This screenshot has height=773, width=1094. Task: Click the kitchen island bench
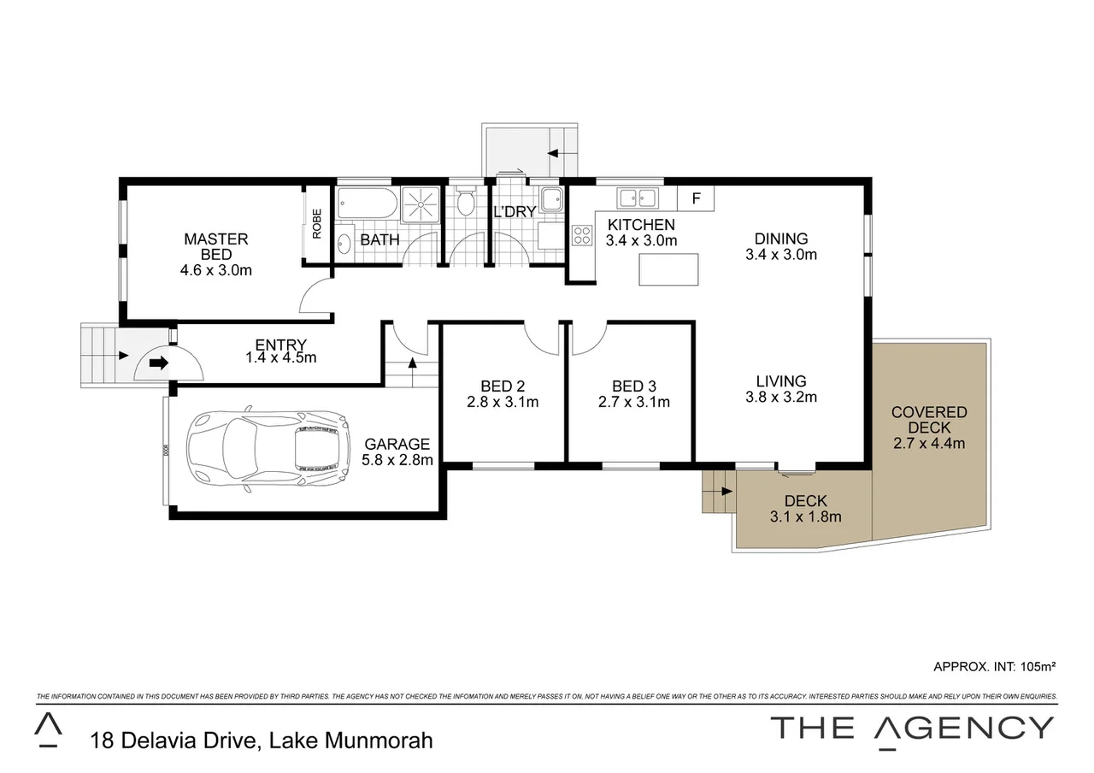(x=668, y=269)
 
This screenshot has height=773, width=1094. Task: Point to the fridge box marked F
(x=696, y=198)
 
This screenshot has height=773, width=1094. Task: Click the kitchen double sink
(x=638, y=198)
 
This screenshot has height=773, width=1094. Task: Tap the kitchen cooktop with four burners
(x=582, y=234)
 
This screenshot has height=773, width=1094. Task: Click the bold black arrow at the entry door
(x=159, y=363)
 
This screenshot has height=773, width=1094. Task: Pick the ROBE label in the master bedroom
(x=316, y=223)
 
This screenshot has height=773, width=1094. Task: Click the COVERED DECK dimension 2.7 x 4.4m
(x=929, y=443)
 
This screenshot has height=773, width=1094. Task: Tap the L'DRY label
(x=515, y=211)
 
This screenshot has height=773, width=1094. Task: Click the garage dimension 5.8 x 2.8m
(x=397, y=459)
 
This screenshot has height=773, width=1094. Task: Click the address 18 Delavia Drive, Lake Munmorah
(x=262, y=740)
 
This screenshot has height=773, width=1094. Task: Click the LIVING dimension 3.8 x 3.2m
(x=781, y=397)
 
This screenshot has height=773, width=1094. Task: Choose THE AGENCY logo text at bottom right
(x=912, y=728)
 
